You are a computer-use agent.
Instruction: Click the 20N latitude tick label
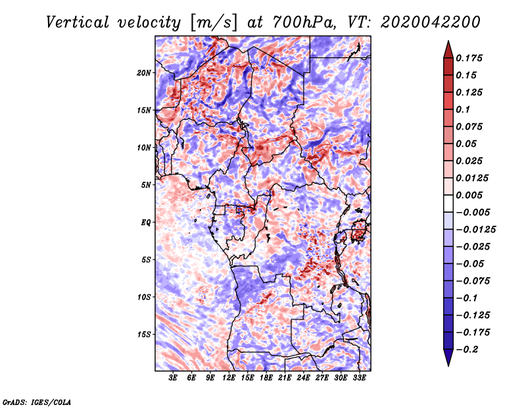[144, 72]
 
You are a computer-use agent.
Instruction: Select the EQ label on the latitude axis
[146, 223]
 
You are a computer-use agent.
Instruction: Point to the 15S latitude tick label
[144, 335]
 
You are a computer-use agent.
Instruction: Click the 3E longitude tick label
[173, 378]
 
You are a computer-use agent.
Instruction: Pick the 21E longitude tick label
[285, 378]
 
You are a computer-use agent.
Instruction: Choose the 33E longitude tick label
[359, 378]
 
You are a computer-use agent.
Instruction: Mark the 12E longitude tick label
[229, 378]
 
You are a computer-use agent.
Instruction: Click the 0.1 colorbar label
[464, 109]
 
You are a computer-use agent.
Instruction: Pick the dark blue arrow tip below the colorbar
[447, 361]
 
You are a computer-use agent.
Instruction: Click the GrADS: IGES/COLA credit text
[36, 401]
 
